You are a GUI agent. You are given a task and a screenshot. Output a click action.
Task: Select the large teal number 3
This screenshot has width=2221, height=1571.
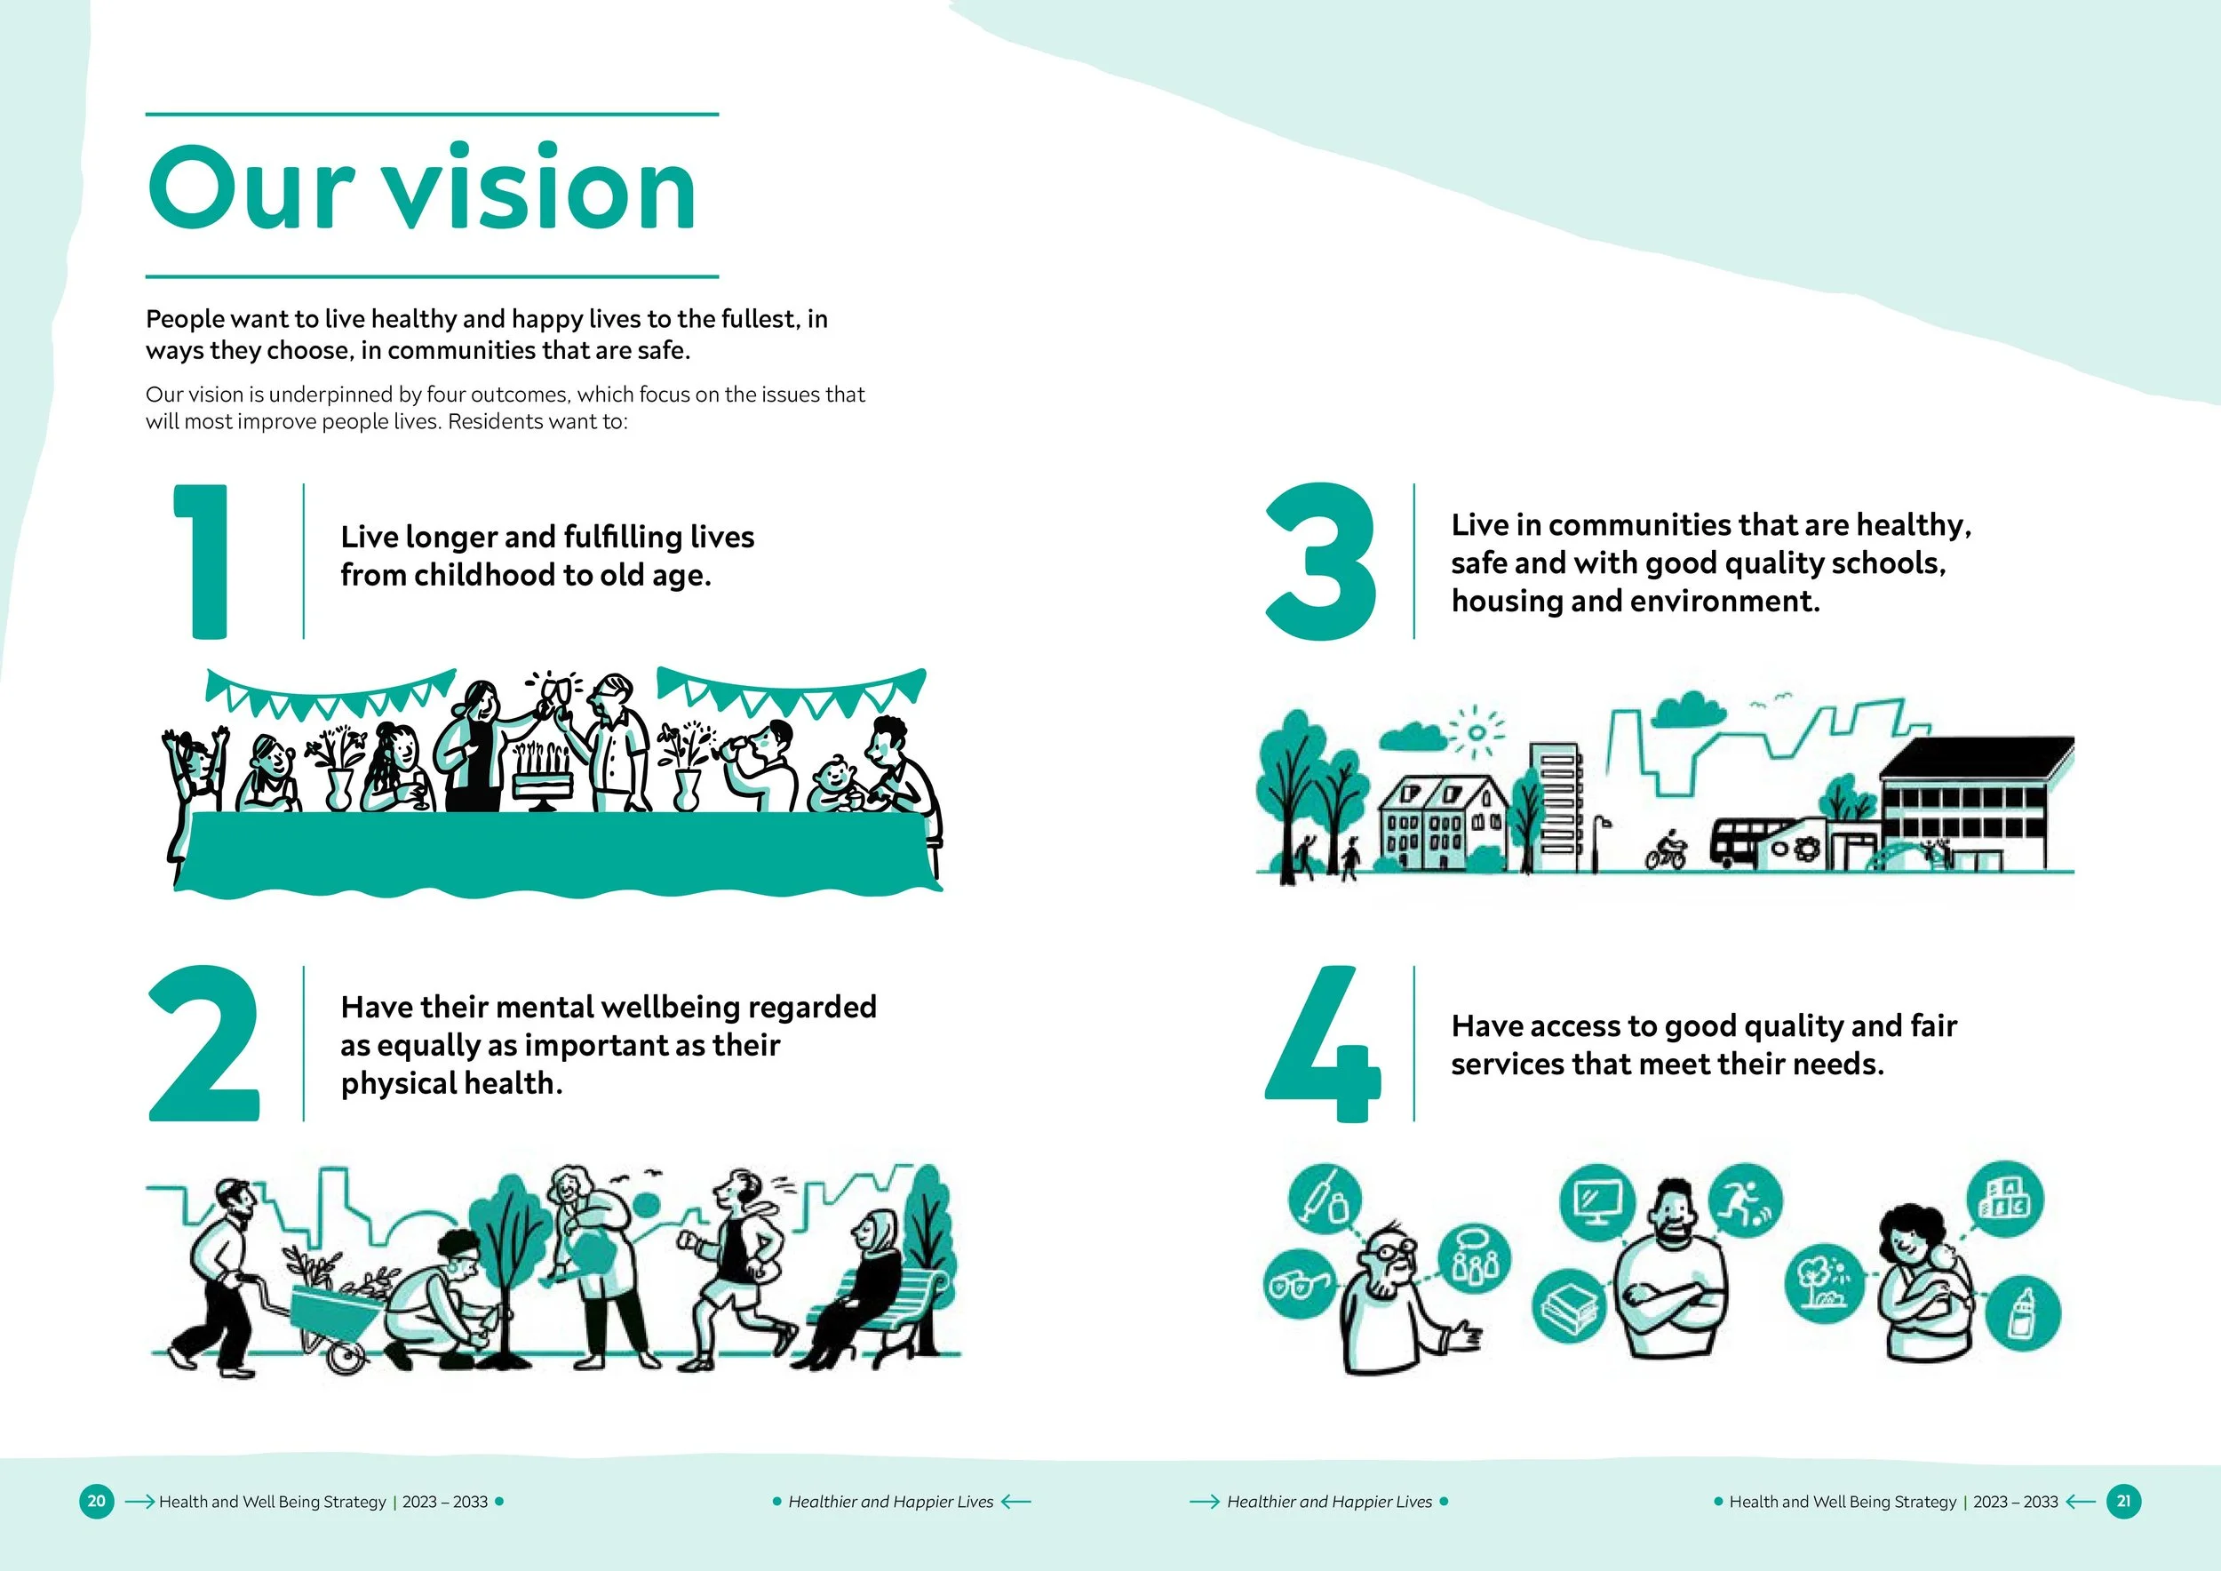click(x=1320, y=561)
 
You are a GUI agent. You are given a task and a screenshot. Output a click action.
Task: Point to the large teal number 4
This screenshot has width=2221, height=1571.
click(x=1321, y=1045)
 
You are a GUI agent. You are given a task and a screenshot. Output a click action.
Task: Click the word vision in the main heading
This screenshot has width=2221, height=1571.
click(x=542, y=188)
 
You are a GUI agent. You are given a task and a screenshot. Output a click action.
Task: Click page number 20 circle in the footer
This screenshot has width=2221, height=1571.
click(x=97, y=1502)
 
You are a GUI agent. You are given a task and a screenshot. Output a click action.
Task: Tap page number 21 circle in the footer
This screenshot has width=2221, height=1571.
click(x=2124, y=1502)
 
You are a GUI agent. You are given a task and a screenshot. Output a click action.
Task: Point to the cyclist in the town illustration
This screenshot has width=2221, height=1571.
click(x=1666, y=850)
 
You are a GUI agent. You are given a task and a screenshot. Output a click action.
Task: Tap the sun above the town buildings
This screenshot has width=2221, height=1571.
click(x=1477, y=732)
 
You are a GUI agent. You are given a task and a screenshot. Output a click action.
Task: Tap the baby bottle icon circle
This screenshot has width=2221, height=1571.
click(x=2023, y=1312)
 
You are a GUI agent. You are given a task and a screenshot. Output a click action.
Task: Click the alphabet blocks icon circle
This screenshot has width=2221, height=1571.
click(x=2007, y=1200)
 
